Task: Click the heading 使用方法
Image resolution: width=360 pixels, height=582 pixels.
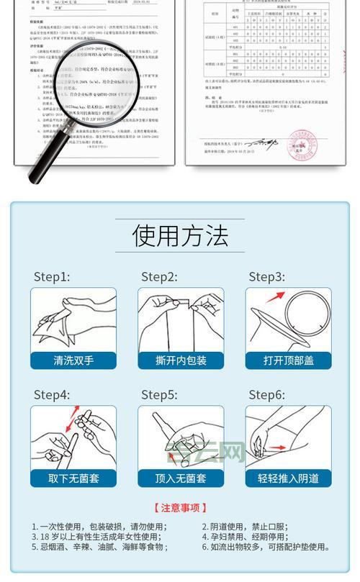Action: (x=180, y=235)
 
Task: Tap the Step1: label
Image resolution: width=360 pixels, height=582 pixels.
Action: (x=52, y=277)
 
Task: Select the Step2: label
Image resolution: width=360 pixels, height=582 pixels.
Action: (x=159, y=277)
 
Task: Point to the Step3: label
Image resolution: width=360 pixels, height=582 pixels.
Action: (x=267, y=277)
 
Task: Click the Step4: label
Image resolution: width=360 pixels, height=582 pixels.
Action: (x=52, y=395)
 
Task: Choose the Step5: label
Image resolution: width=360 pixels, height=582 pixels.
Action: (x=159, y=395)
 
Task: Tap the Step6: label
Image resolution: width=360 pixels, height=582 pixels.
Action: (x=267, y=395)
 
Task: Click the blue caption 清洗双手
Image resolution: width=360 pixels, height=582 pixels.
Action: (x=72, y=360)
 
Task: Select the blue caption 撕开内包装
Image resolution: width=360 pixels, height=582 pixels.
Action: (x=181, y=360)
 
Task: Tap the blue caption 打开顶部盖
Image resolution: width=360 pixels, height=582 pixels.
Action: (x=288, y=360)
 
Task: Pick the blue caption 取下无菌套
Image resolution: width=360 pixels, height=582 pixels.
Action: (x=72, y=478)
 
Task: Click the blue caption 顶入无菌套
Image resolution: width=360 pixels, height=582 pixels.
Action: (x=181, y=478)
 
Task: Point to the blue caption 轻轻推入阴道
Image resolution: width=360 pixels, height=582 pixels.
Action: (x=288, y=478)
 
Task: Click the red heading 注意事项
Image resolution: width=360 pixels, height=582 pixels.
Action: (x=180, y=508)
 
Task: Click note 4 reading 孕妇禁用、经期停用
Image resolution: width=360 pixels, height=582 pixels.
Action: (x=256, y=537)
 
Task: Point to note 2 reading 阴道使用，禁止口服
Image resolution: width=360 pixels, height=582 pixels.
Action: (x=256, y=526)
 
